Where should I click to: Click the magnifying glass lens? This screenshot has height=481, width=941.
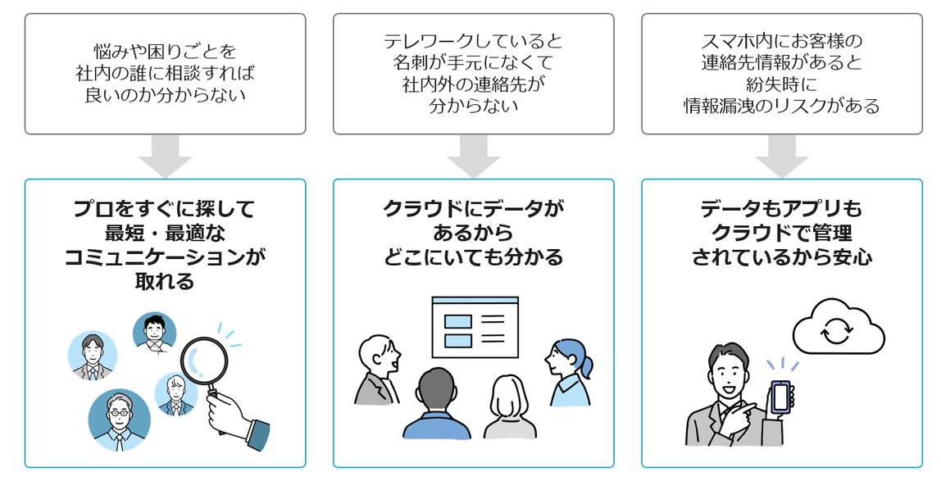point(205,364)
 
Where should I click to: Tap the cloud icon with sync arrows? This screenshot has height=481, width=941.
point(839,328)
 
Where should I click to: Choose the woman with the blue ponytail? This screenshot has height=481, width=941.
point(570,373)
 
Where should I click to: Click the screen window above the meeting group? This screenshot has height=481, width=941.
point(475,327)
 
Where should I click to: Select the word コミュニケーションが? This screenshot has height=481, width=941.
point(165,256)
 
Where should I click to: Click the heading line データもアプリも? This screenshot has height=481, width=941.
point(781,208)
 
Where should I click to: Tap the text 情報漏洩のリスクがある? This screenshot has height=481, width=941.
point(781,106)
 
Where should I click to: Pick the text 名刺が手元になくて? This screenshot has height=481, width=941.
point(473,62)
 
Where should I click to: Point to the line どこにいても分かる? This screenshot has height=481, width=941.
point(473,256)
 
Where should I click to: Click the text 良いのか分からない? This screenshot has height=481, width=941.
point(165,95)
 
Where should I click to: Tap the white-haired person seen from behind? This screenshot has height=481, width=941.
point(510,408)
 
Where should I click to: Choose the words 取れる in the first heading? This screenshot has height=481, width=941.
point(165,281)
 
